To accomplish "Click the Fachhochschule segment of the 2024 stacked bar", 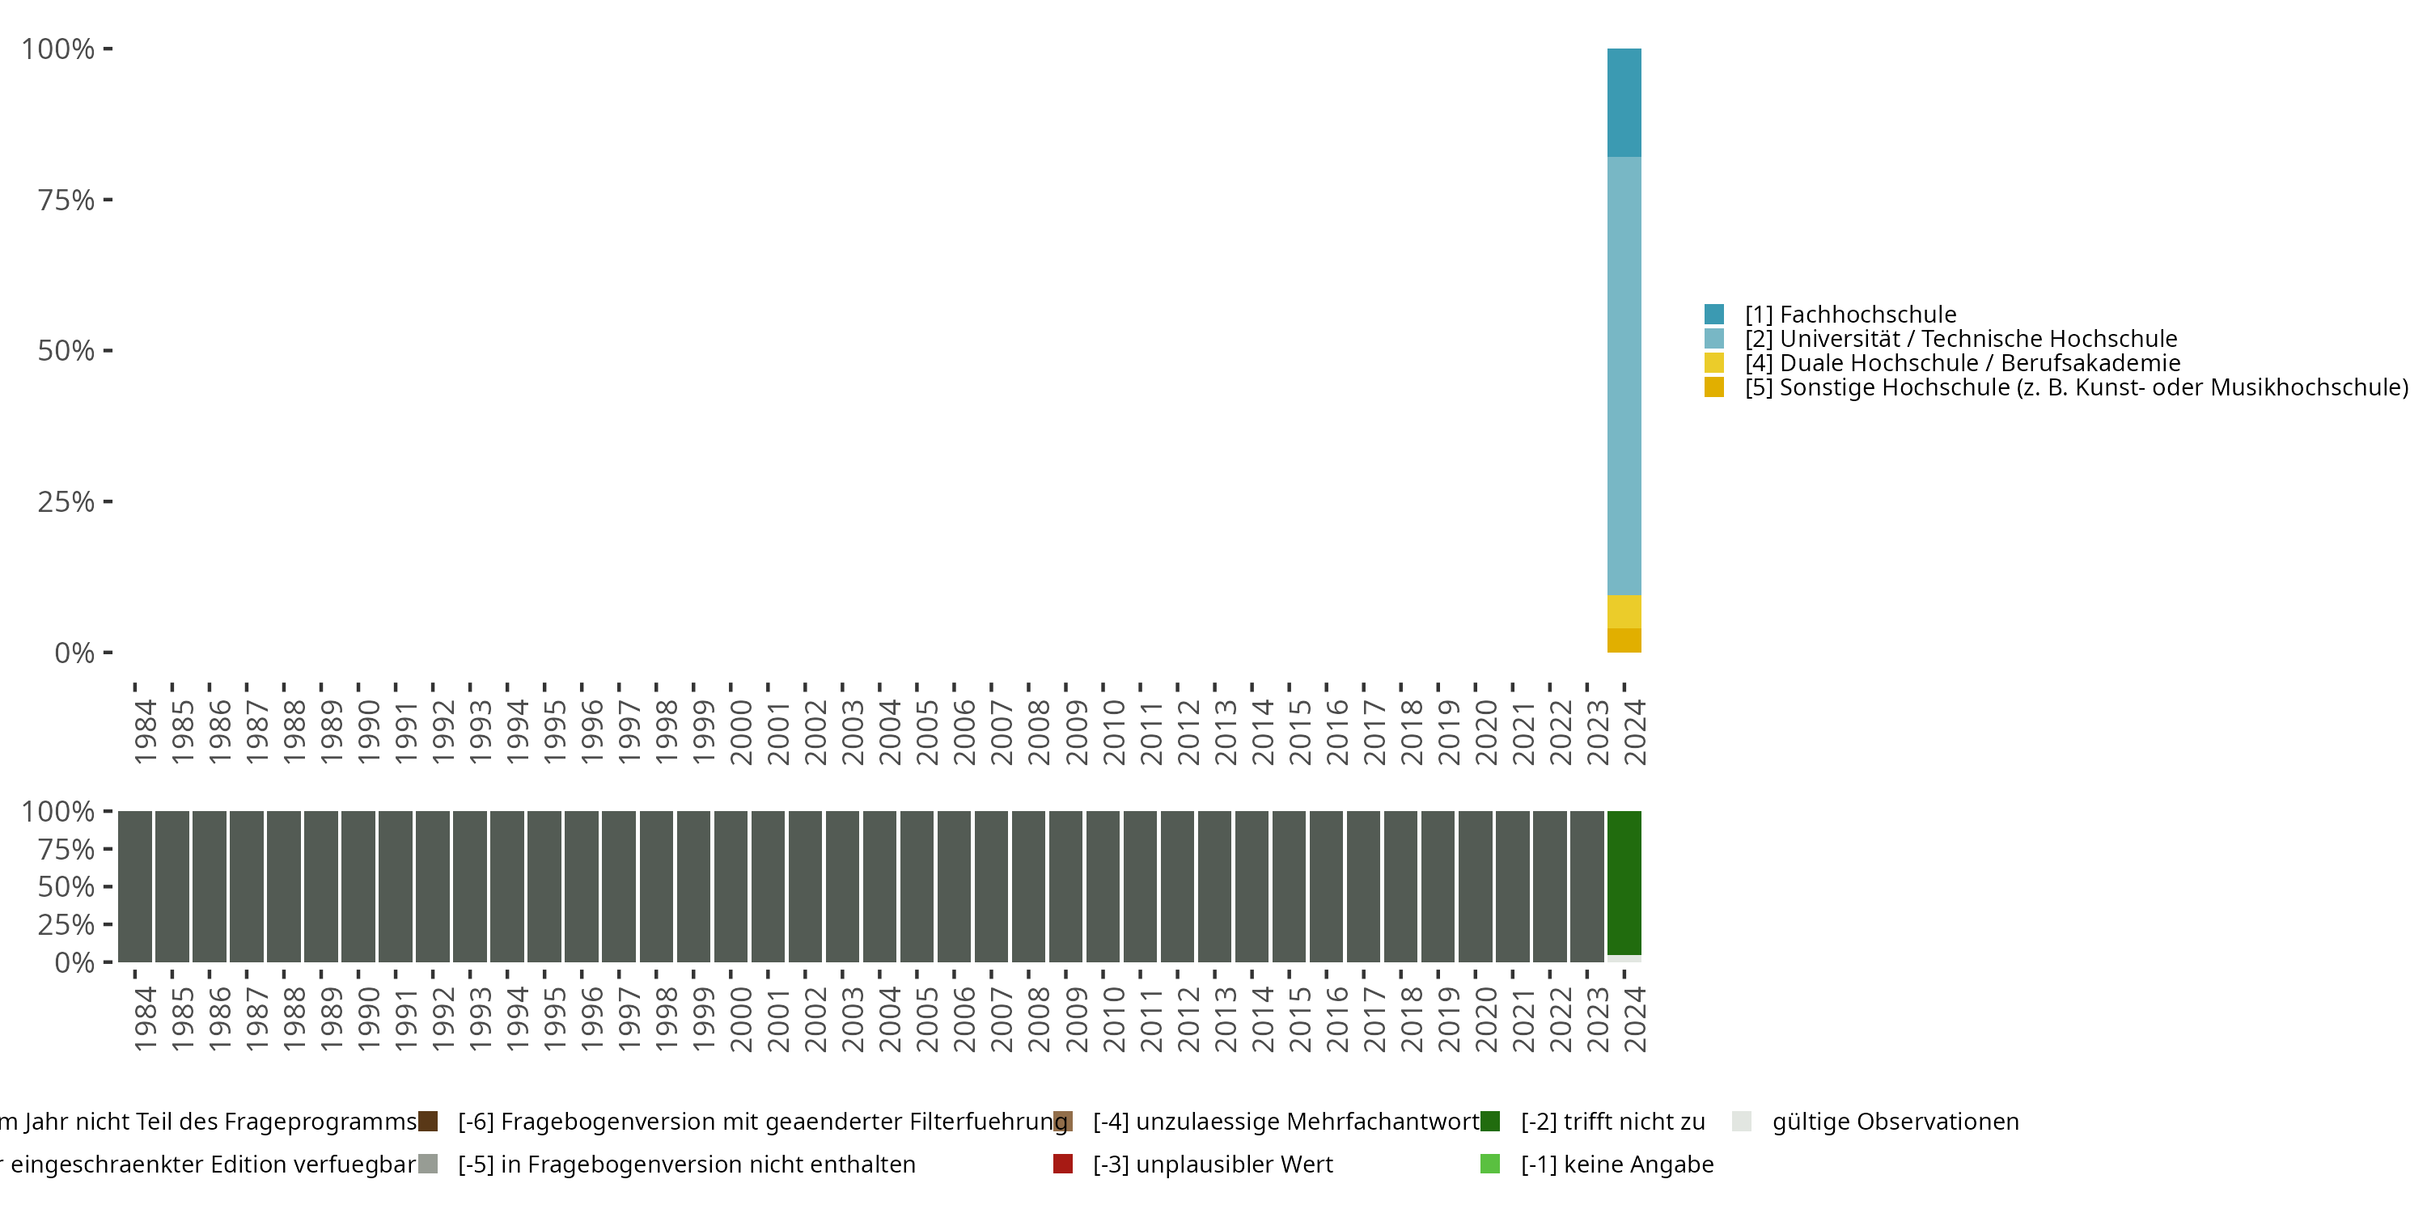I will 1624,102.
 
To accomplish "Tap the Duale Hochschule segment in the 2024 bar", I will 1624,611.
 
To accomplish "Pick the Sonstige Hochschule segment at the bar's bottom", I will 1624,640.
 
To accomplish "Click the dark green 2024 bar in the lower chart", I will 1624,882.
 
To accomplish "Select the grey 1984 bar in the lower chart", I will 135,885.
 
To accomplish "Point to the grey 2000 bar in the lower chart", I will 731,885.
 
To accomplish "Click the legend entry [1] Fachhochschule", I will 1849,315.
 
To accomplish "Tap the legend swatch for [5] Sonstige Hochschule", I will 1713,387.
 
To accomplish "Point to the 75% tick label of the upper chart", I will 66,200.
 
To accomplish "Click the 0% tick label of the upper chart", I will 74,653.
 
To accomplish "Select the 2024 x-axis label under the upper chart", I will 1635,732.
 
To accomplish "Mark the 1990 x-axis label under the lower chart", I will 368,1018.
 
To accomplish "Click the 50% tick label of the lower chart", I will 66,886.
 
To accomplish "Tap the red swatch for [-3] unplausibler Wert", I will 1063,1164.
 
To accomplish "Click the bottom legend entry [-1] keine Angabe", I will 1616,1164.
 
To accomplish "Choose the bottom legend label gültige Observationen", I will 1895,1122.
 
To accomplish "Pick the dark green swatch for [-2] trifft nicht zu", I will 1489,1121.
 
